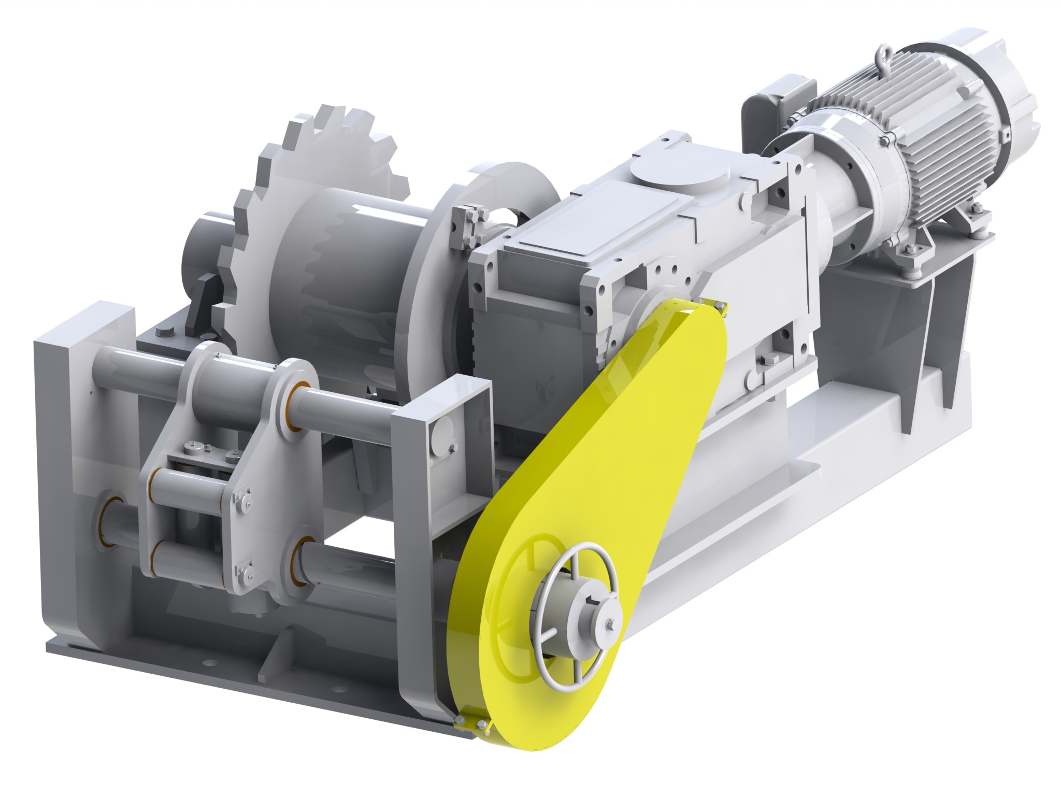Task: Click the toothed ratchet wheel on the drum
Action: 290,171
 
